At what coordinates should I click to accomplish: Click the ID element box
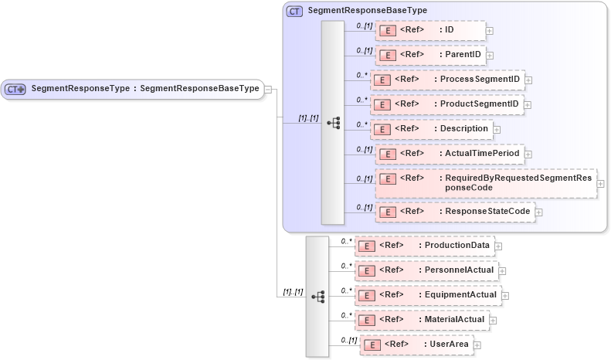[x=429, y=30]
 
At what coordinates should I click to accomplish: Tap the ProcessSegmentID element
[x=447, y=80]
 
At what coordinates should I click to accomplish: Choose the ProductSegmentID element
[x=447, y=104]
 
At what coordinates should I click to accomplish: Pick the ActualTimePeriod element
[x=450, y=154]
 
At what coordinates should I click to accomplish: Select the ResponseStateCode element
[x=455, y=212]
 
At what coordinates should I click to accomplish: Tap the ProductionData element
[x=424, y=246]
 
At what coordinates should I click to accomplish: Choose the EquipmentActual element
[x=428, y=295]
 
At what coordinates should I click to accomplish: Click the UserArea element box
[x=416, y=345]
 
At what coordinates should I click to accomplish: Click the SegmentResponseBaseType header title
[x=367, y=11]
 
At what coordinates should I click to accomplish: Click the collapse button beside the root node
[x=268, y=89]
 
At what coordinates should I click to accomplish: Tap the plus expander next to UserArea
[x=477, y=345]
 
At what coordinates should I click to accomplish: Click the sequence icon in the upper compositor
[x=333, y=123]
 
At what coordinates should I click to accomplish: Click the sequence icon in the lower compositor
[x=317, y=296]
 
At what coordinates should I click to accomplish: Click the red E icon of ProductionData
[x=369, y=246]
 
